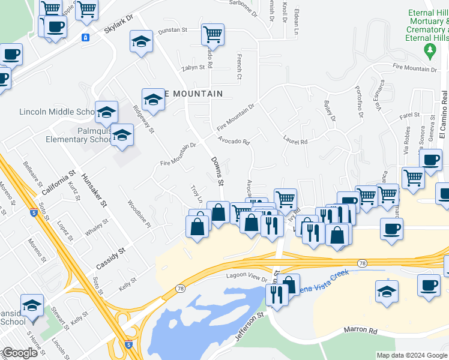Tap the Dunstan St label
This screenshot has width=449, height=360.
coord(173,30)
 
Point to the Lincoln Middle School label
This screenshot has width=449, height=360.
coord(56,112)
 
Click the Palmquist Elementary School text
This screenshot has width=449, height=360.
coord(78,135)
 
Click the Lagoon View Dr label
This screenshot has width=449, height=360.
coord(246,277)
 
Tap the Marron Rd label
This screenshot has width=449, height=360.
coord(360,331)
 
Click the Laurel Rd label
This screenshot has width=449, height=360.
coord(295,142)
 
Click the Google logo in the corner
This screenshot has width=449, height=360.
coord(19,353)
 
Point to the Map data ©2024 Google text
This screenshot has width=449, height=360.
coord(411,355)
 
